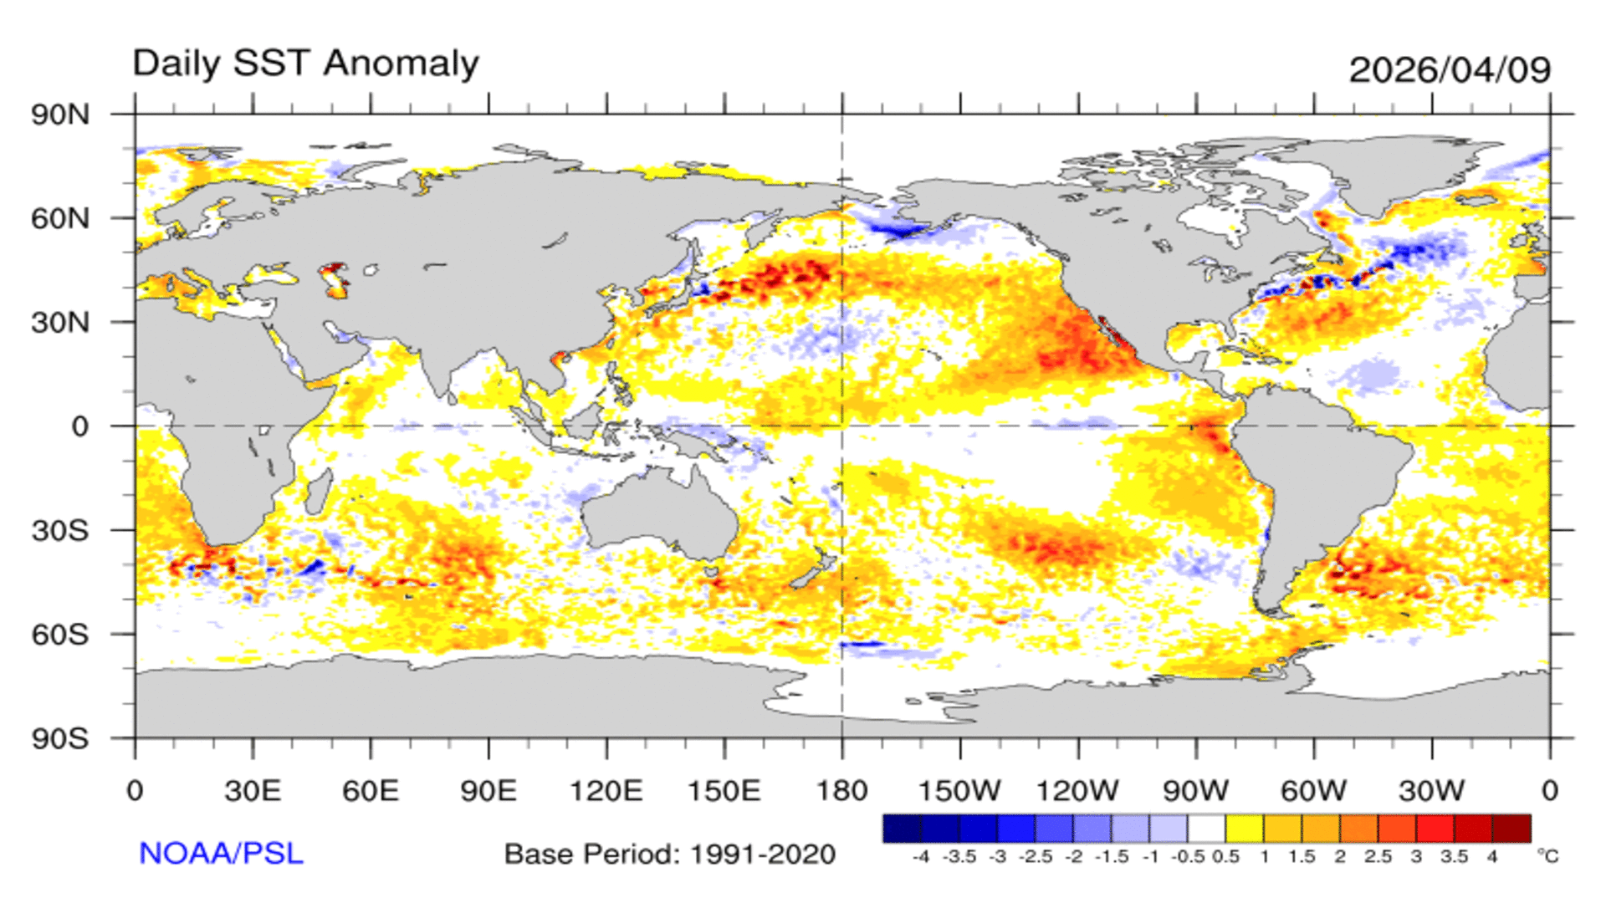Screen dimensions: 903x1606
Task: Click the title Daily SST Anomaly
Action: (305, 64)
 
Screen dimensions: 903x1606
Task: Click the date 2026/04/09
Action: (1450, 69)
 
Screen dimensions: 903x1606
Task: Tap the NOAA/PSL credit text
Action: (221, 853)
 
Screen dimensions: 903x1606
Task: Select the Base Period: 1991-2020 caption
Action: (670, 855)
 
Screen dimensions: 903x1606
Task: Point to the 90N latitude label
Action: (60, 115)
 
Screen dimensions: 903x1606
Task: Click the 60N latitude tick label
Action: (60, 219)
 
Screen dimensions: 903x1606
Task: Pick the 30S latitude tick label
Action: (60, 531)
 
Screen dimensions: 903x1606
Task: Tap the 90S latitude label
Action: (60, 739)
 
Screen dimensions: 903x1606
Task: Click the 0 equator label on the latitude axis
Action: (79, 426)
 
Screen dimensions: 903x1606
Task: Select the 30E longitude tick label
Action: (253, 791)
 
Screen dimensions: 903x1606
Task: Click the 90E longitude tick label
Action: (488, 791)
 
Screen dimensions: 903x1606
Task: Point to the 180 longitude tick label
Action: (841, 791)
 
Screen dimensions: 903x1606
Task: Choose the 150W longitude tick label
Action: (959, 791)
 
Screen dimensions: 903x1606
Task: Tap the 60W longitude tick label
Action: (1313, 791)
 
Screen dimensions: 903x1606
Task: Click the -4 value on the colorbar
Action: (920, 857)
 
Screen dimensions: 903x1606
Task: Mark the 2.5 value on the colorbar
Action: (1378, 857)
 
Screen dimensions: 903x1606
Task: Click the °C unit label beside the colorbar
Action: (1547, 856)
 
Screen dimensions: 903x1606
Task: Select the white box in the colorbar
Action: (1206, 829)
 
